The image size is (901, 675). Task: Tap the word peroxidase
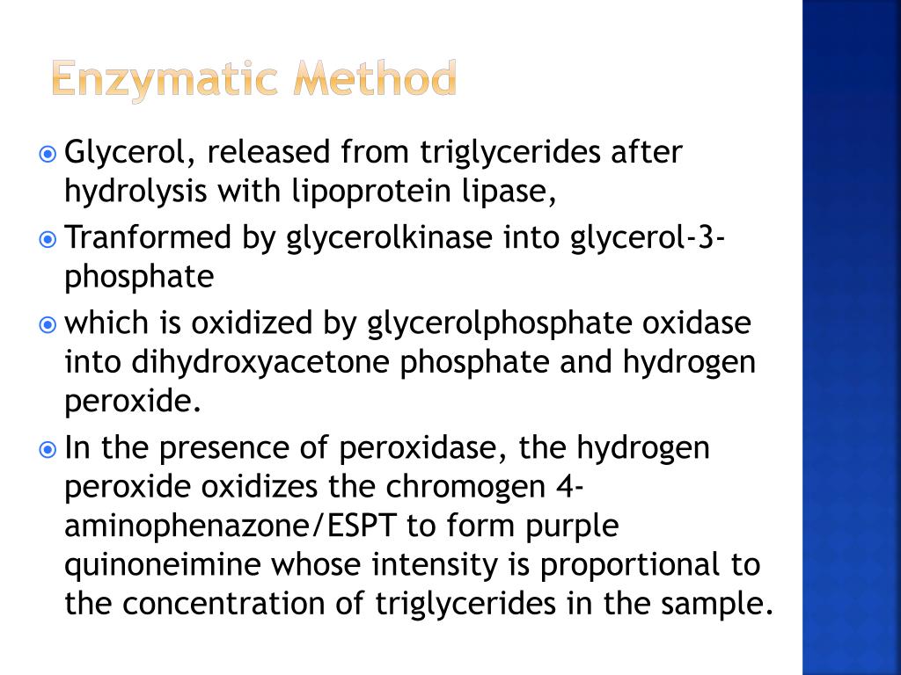[420, 449]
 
